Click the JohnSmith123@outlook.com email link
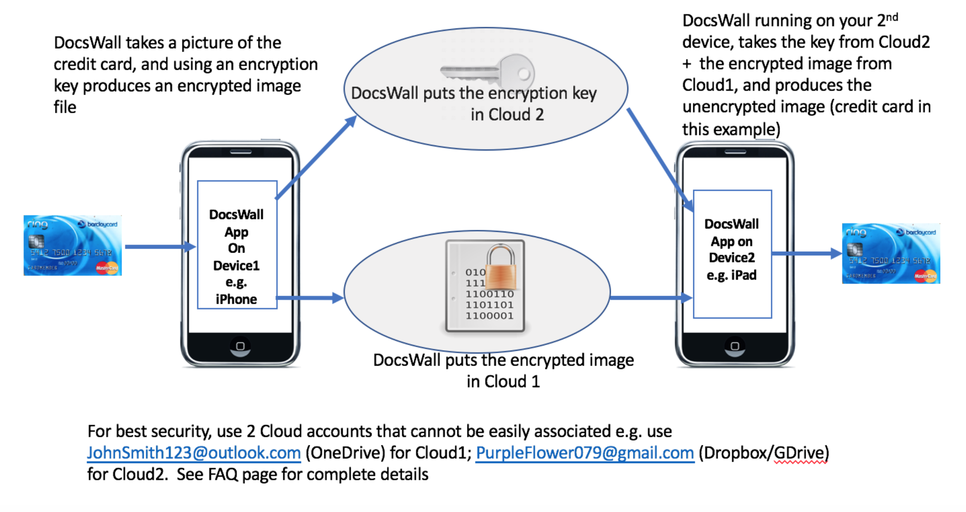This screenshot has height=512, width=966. [194, 453]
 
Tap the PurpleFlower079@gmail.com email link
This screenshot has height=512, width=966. [585, 453]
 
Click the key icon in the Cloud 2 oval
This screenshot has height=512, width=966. [488, 71]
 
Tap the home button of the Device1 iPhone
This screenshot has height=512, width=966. [240, 346]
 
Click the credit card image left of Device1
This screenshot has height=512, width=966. [73, 245]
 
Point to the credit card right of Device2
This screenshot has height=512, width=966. [891, 253]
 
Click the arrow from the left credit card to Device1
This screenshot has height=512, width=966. [159, 247]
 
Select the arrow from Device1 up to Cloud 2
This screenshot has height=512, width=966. [316, 157]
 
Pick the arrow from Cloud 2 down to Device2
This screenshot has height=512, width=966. [660, 159]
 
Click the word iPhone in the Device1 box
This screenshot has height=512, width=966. [236, 299]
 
